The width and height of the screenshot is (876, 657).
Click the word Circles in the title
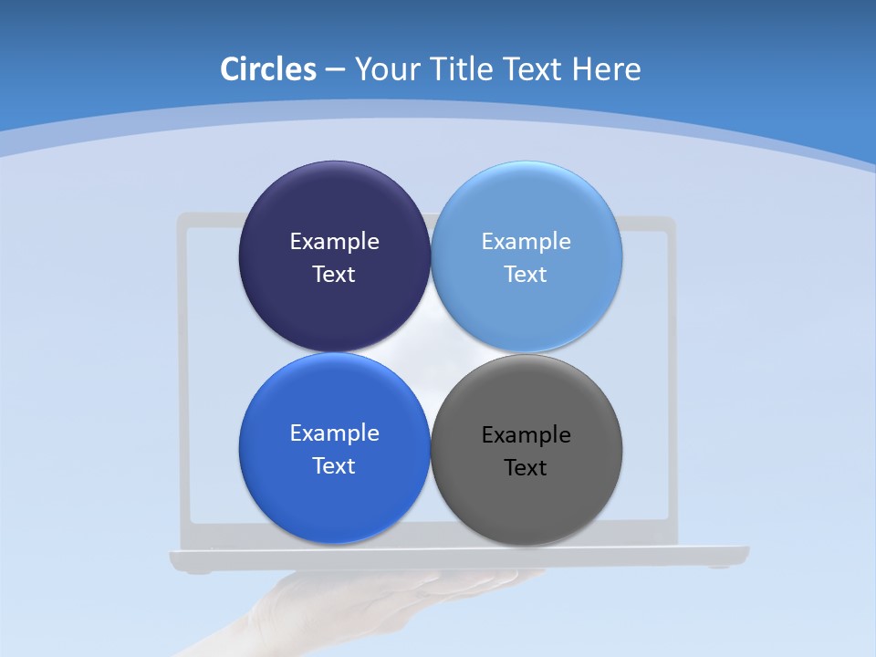click(268, 69)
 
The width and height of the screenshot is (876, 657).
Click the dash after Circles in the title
click(335, 70)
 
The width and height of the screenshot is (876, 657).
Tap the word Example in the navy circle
click(334, 242)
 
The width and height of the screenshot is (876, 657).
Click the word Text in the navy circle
click(334, 275)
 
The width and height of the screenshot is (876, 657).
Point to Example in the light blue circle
click(526, 242)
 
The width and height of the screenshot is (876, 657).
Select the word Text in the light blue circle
click(526, 275)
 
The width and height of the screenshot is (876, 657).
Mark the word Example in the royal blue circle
click(334, 433)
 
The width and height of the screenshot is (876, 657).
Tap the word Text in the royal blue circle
click(334, 466)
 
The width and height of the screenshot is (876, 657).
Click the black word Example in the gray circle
click(526, 435)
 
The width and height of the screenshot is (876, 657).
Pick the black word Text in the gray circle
click(526, 468)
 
